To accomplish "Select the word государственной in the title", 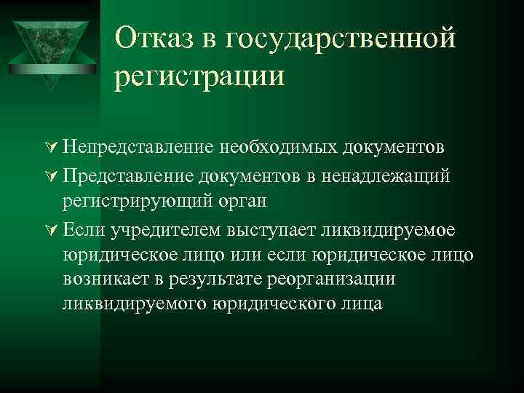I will pos(341,38).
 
